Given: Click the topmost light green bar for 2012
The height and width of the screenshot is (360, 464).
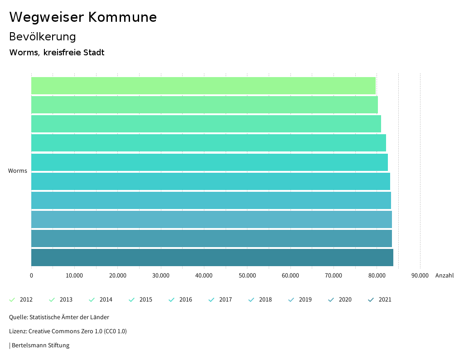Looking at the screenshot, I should [203, 86].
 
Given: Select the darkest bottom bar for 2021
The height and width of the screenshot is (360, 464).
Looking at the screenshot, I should [212, 258].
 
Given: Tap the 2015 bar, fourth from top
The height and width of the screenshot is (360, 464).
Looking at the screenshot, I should [208, 143].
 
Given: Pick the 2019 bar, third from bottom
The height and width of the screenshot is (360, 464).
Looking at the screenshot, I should [212, 219].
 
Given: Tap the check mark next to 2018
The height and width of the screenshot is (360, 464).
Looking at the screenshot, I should [251, 300].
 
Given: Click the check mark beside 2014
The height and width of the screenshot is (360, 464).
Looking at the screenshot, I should [92, 300].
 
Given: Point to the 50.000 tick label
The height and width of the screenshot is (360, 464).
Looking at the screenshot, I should [247, 275].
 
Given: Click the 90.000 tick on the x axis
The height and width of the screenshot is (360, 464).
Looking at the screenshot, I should [420, 275].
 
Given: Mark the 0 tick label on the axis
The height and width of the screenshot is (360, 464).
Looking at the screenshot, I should [31, 275].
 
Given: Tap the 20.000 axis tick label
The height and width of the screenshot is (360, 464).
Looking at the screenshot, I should [117, 275].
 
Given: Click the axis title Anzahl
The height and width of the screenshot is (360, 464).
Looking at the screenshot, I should [444, 275].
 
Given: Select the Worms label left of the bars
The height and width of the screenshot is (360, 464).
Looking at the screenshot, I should [18, 171].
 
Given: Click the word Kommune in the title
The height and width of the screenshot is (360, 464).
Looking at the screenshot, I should [122, 17].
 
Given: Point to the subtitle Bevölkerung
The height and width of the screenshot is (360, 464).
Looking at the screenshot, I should [43, 37].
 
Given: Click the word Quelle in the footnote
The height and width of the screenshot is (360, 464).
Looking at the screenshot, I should [18, 317].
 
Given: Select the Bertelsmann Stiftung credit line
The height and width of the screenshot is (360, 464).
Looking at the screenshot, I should [40, 345].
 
